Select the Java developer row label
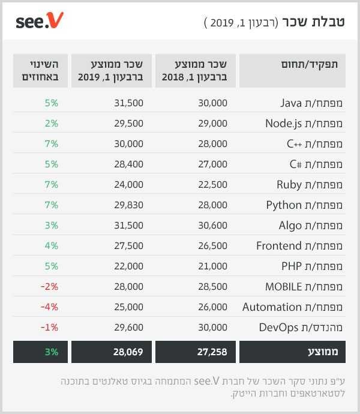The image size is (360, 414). click(311, 103)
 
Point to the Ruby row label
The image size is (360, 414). click(310, 184)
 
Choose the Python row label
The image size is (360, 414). click(304, 205)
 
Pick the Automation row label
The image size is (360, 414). click(292, 307)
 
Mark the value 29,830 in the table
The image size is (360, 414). click(128, 205)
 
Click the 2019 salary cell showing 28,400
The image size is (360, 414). click(128, 164)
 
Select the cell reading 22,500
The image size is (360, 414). click(212, 184)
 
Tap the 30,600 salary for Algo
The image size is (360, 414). click(212, 225)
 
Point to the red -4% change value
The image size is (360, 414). click(49, 307)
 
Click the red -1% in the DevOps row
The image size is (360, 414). click(49, 327)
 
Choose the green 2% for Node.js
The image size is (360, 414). click(51, 123)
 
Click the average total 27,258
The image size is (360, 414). click(211, 352)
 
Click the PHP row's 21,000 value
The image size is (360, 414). click(212, 266)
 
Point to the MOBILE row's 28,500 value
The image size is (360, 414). click(212, 286)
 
